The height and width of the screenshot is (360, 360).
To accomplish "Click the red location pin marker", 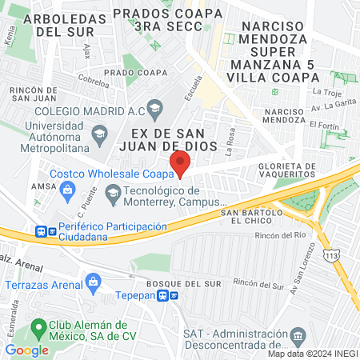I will [x=180, y=163].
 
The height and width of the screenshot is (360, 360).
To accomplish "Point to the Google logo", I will [x=27, y=350].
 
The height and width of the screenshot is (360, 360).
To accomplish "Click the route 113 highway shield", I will [x=330, y=254].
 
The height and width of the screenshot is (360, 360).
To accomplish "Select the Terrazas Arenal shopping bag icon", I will [x=94, y=282].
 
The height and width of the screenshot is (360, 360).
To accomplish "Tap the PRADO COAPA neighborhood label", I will [x=129, y=72].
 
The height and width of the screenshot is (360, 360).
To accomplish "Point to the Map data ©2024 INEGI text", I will [x=312, y=354].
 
